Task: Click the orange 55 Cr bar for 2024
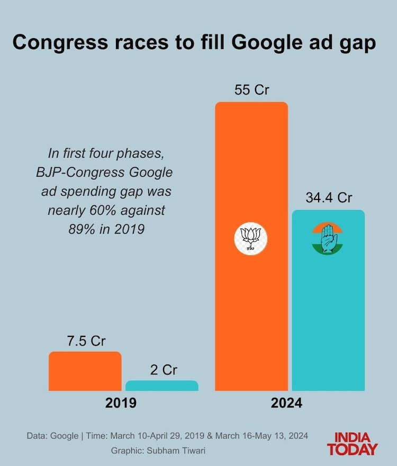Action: (x=251, y=307)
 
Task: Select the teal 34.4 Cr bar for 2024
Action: (x=328, y=317)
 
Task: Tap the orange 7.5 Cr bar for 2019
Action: (x=85, y=371)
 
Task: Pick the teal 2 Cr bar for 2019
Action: (x=161, y=386)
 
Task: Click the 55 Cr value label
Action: (x=251, y=90)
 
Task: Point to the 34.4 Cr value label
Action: (x=329, y=198)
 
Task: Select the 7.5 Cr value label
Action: (x=86, y=341)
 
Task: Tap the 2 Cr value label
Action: (x=163, y=370)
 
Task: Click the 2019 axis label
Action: (x=121, y=403)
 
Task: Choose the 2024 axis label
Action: (x=286, y=403)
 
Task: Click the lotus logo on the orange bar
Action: (x=251, y=239)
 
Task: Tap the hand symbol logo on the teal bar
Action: (x=328, y=239)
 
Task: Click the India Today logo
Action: (x=352, y=444)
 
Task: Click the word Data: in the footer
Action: (x=38, y=436)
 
